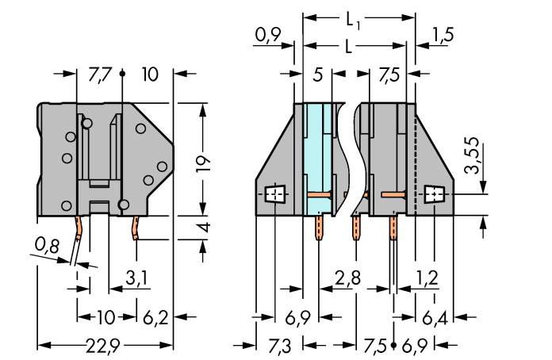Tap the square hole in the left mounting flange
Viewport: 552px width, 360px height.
pyautogui.click(x=275, y=193)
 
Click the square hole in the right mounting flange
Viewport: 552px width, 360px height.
pyautogui.click(x=434, y=193)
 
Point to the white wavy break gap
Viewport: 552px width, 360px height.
pyautogui.click(x=350, y=159)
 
